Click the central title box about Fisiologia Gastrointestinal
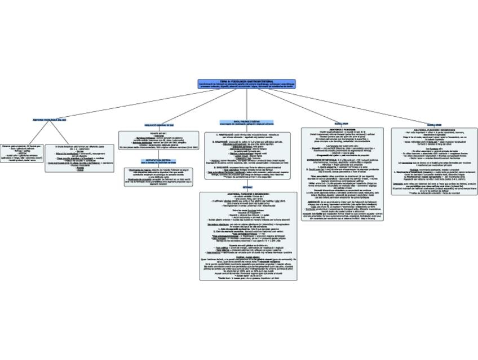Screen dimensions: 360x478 pyautogui.click(x=246, y=84)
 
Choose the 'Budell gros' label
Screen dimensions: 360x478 pyautogui.click(x=434, y=124)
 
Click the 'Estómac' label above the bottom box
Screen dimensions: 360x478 pyautogui.click(x=247, y=186)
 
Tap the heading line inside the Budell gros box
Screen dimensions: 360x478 pyautogui.click(x=435, y=129)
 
